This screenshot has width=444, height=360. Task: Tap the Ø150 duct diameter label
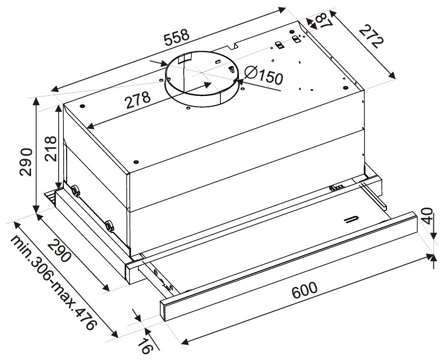[263, 75]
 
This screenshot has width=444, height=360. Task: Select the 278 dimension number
[138, 100]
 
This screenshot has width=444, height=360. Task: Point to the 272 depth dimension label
[371, 37]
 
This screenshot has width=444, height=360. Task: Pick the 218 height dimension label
[51, 148]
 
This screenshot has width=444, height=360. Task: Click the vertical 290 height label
[26, 162]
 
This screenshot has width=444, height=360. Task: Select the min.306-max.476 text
[53, 283]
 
